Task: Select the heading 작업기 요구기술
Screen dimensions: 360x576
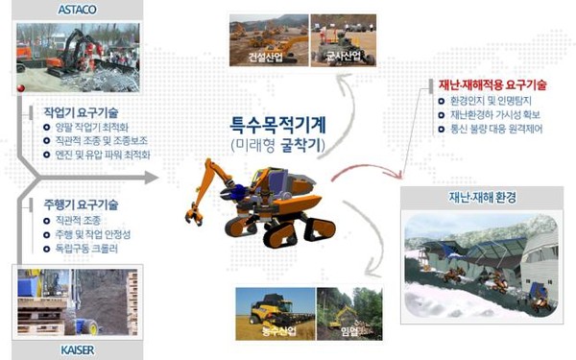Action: pos(75,112)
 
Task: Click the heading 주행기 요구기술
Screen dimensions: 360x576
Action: pos(75,204)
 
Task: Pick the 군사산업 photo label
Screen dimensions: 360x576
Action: pos(343,57)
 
